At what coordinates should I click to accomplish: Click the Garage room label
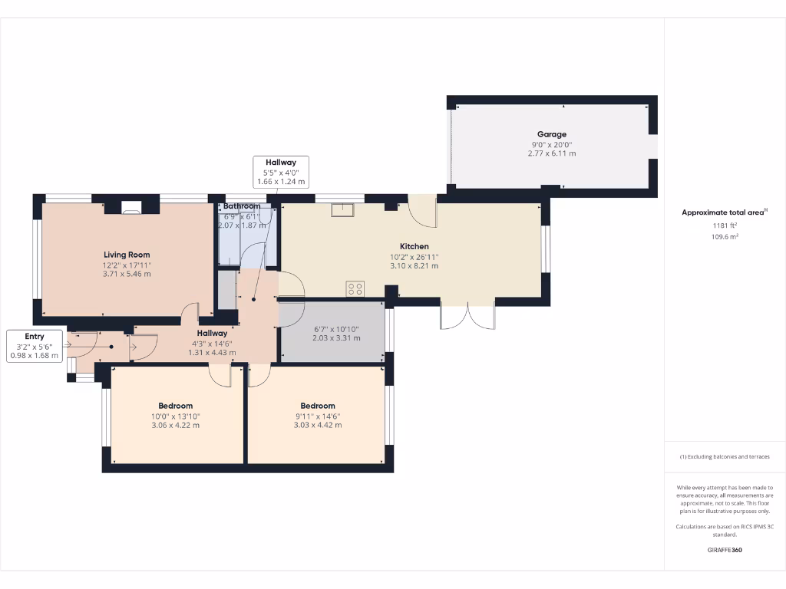pos(552,134)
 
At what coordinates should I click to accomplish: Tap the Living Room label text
pos(127,255)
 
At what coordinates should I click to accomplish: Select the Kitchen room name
pos(414,246)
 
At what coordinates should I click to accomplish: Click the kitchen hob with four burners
pos(355,288)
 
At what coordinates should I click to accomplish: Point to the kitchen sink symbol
pos(342,210)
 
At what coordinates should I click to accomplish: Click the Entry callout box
pos(35,346)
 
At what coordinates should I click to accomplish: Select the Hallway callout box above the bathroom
pos(281,172)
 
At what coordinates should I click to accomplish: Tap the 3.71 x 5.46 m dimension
pos(127,274)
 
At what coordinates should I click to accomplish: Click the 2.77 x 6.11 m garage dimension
pos(552,153)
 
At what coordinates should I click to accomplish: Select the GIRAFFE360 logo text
pos(725,550)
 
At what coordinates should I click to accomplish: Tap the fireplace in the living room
pos(131,206)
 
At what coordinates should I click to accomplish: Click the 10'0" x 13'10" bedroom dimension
pos(175,416)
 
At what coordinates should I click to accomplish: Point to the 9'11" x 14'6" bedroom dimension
pos(317,416)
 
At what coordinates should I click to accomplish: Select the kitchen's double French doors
pos(467,316)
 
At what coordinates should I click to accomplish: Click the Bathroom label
pos(242,206)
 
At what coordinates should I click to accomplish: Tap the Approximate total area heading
pos(723,212)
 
